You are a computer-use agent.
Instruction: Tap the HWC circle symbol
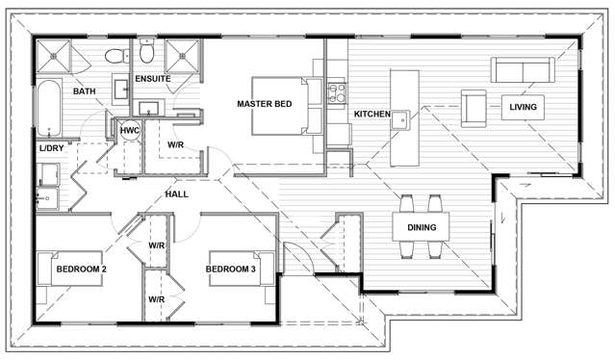[x=130, y=130]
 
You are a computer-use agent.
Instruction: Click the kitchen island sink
[x=403, y=119]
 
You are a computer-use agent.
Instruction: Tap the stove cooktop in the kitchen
[x=338, y=92]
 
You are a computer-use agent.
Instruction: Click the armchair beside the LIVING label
[x=474, y=107]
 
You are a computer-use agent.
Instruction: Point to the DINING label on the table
[x=422, y=228]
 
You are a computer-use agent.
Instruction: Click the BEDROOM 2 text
[x=80, y=270]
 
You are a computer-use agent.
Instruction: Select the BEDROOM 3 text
[x=231, y=270]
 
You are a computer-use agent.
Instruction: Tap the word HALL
[x=176, y=194]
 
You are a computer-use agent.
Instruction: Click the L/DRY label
[x=51, y=148]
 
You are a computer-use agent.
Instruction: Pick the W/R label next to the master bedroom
[x=176, y=145]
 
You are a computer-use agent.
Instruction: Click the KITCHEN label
[x=372, y=115]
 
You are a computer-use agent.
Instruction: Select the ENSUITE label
[x=152, y=79]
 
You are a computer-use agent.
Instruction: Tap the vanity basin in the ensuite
[x=150, y=107]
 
